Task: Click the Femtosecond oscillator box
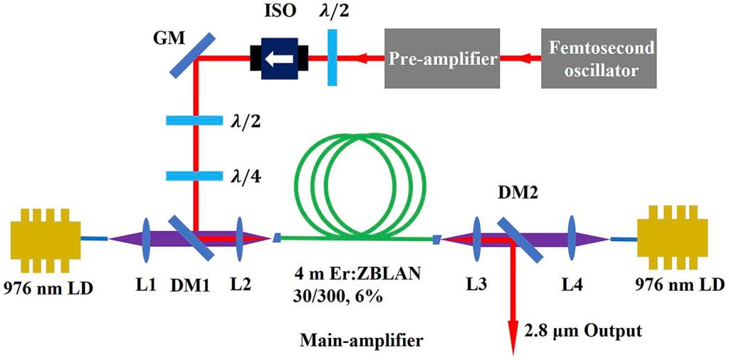click(x=598, y=58)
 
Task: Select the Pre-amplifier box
click(x=442, y=59)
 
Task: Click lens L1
click(x=145, y=240)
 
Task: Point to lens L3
click(x=476, y=240)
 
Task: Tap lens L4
click(x=572, y=240)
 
